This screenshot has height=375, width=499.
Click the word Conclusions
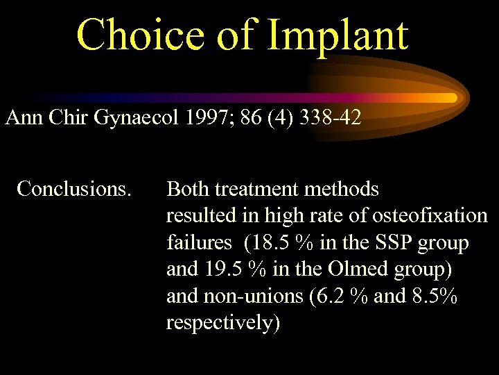[x=74, y=188]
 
